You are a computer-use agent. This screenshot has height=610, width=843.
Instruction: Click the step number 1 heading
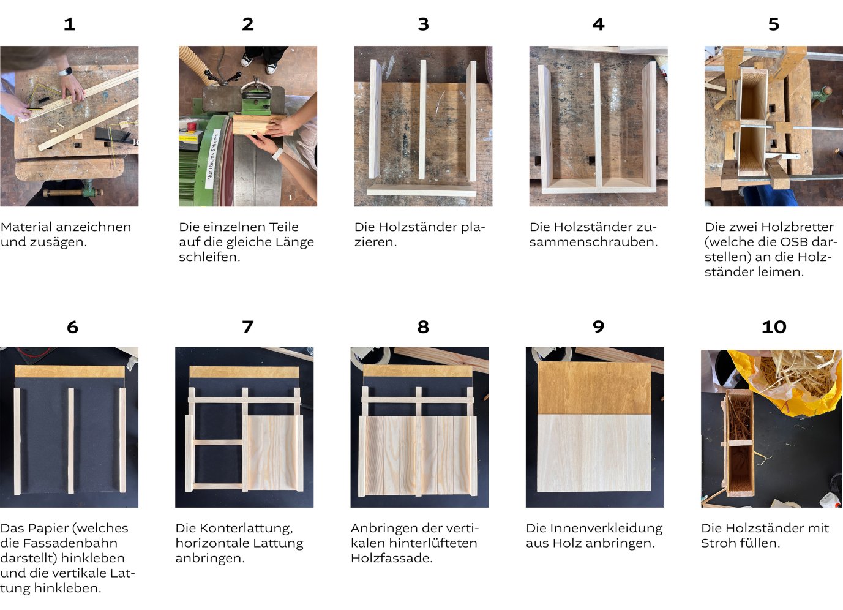pyautogui.click(x=69, y=24)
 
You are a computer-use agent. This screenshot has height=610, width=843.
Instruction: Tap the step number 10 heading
pyautogui.click(x=774, y=327)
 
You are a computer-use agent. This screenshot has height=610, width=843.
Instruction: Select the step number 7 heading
pyautogui.click(x=247, y=327)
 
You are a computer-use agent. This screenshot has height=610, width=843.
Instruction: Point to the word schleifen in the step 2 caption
pyautogui.click(x=209, y=257)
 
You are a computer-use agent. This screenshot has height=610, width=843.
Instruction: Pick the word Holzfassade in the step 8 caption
pyautogui.click(x=391, y=559)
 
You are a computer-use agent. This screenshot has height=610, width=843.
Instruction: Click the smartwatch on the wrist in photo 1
pyautogui.click(x=65, y=72)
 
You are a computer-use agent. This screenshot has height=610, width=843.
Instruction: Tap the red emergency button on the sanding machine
pyautogui.click(x=192, y=126)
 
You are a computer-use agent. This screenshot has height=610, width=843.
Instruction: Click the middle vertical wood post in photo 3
pyautogui.click(x=422, y=120)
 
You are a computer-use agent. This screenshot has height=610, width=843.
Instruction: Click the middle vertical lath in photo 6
pyautogui.click(x=71, y=440)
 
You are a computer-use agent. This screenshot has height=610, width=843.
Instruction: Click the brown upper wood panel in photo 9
pyautogui.click(x=594, y=388)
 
